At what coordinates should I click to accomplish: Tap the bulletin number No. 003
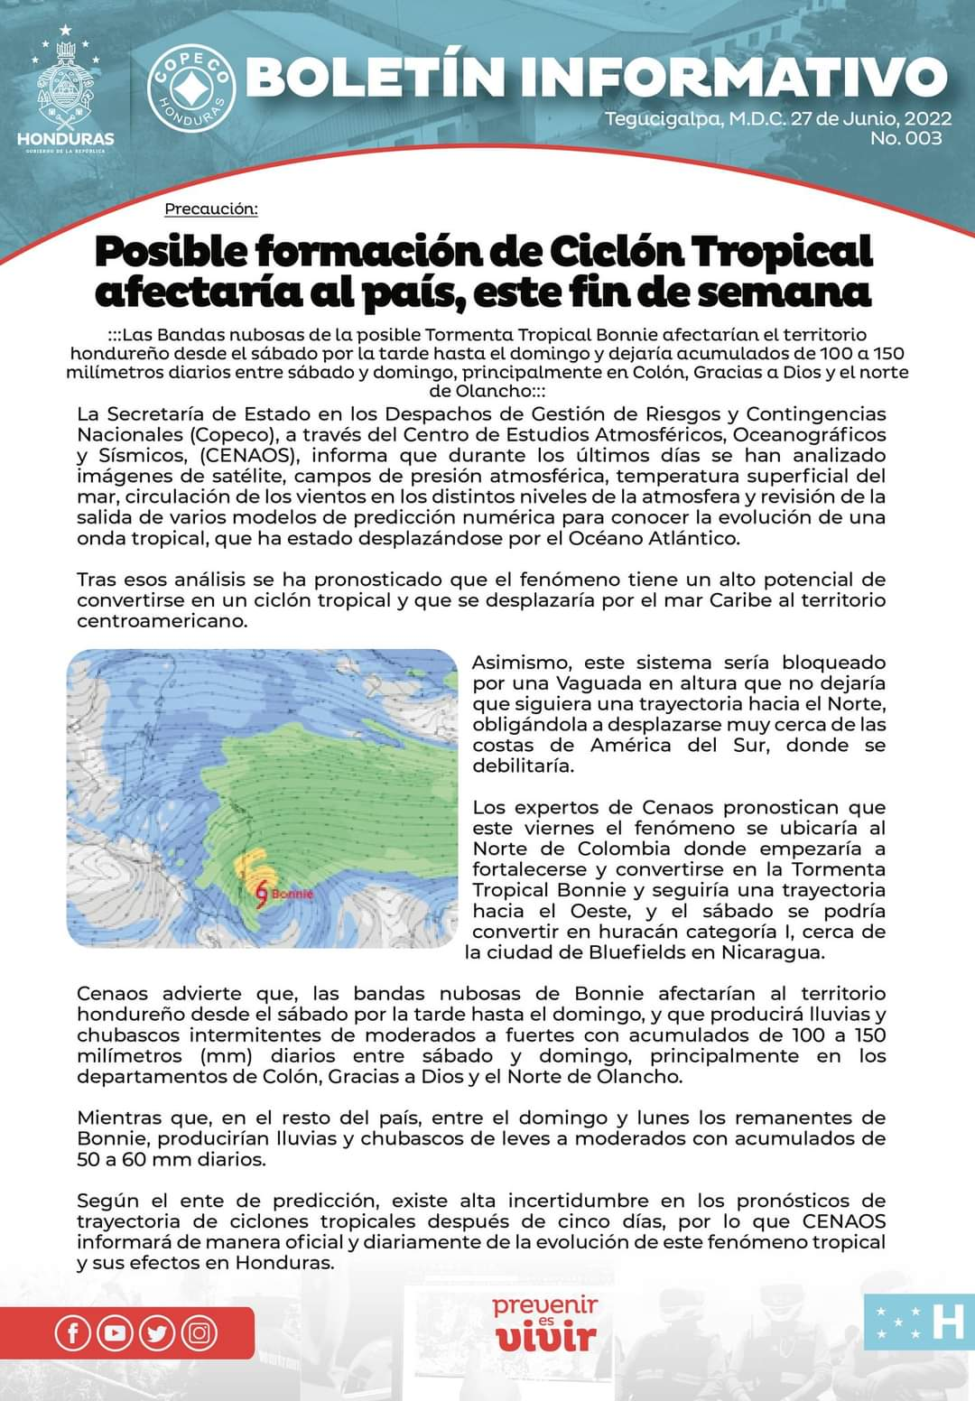[x=905, y=138]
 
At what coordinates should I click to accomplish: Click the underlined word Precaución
[x=211, y=209]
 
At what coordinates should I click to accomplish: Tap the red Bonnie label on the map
[x=292, y=894]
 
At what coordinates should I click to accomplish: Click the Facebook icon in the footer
[x=72, y=1333]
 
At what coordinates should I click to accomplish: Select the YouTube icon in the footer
[x=115, y=1333]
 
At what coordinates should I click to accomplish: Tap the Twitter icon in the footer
[x=157, y=1333]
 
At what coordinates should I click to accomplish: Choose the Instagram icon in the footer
[x=200, y=1333]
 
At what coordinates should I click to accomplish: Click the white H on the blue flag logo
[x=947, y=1322]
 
